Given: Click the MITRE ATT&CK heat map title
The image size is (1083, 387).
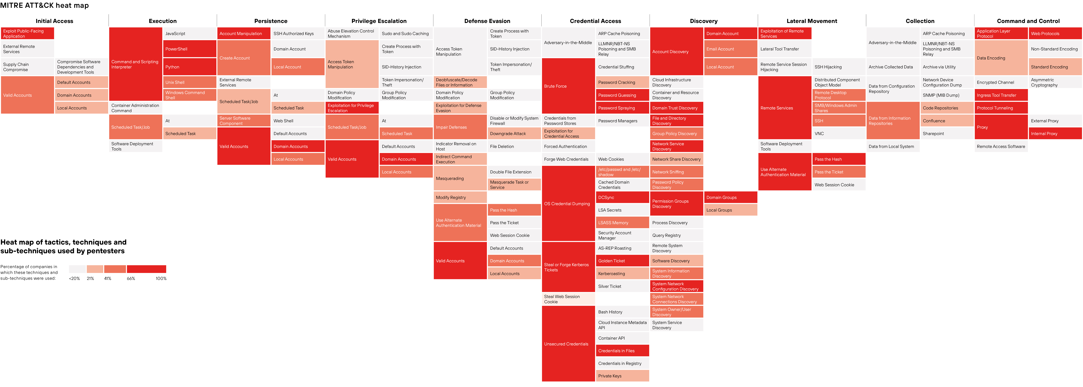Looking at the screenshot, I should [45, 5].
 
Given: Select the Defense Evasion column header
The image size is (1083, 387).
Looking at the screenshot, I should [487, 21].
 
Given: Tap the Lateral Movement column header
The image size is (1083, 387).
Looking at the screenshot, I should [811, 21].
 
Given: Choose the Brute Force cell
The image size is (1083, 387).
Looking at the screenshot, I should [568, 86].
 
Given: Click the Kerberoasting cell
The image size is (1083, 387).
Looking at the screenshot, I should [622, 274].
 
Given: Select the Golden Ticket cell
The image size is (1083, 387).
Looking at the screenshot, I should [622, 261].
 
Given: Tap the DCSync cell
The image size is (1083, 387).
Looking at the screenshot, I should [622, 197].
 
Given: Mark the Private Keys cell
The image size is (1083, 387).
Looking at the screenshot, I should [622, 376].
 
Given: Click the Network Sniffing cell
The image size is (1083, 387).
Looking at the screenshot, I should [676, 172].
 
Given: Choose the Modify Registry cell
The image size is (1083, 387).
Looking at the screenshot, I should [460, 197].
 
